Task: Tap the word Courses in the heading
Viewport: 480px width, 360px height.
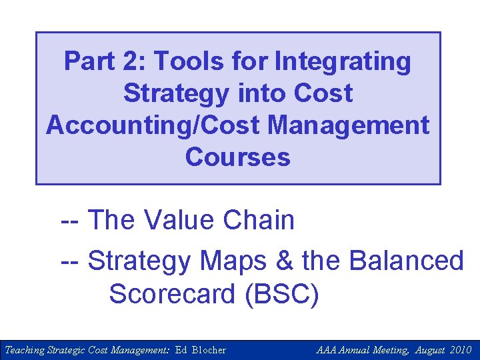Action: click(238, 158)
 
